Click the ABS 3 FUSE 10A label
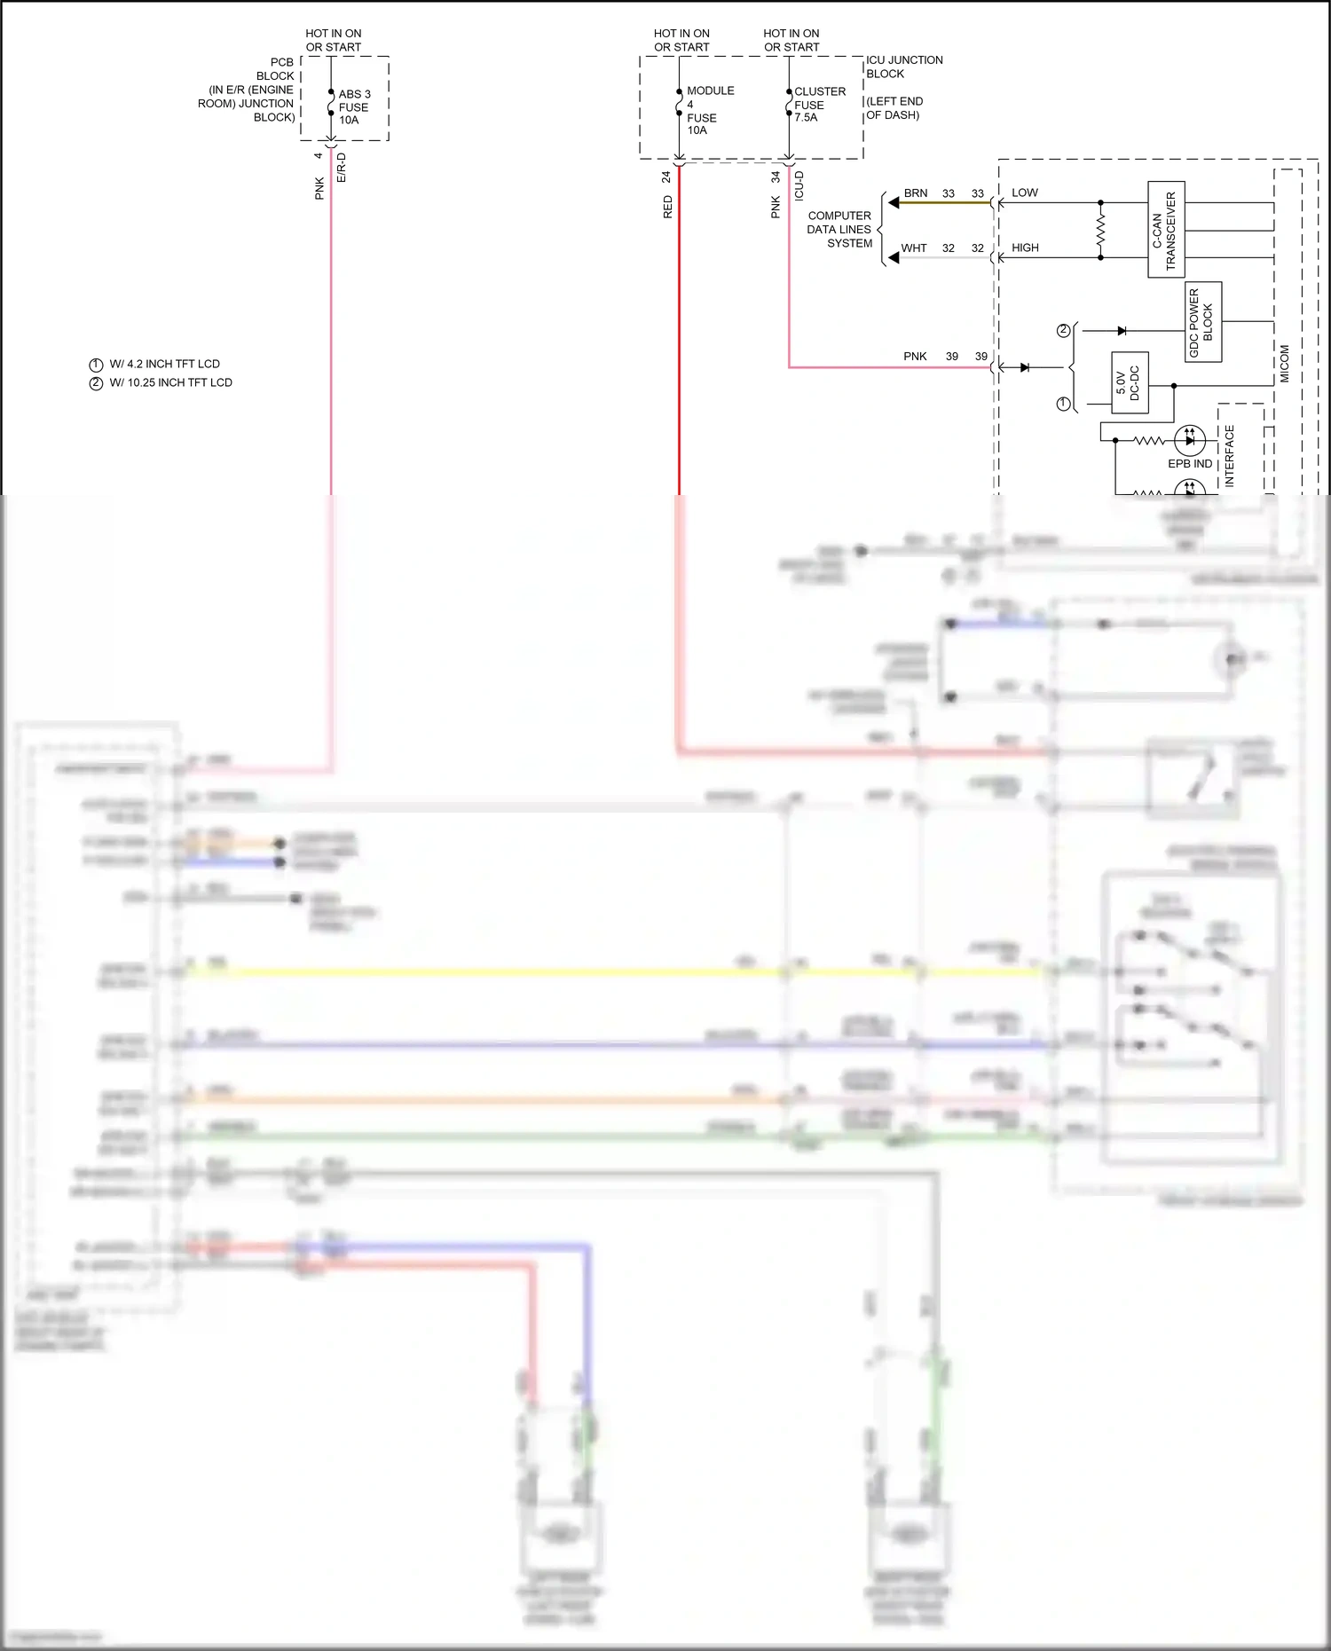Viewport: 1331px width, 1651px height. tap(353, 106)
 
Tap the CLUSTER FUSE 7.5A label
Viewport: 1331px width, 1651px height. tap(818, 104)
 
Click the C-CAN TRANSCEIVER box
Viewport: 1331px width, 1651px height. tap(1165, 230)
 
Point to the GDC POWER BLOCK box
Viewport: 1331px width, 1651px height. tap(1202, 322)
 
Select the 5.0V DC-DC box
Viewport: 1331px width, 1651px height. tap(1129, 383)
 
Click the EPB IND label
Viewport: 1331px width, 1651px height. tap(1189, 463)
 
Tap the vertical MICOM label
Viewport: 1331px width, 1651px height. tap(1284, 364)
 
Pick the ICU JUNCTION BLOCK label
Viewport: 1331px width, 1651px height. tap(903, 67)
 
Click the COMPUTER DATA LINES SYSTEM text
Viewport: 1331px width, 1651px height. tap(839, 229)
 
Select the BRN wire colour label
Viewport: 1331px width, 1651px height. tap(915, 193)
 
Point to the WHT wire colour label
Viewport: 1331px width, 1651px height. tap(913, 248)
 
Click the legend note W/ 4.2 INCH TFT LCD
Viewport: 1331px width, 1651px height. tap(163, 364)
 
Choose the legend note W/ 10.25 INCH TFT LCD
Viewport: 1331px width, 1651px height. tap(169, 382)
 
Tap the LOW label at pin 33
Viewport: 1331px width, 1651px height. tap(1024, 193)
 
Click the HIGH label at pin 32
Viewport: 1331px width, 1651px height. tap(1025, 248)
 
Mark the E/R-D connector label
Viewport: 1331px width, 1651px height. tap(342, 168)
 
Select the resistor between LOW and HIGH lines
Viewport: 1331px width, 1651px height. tap(1100, 231)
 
